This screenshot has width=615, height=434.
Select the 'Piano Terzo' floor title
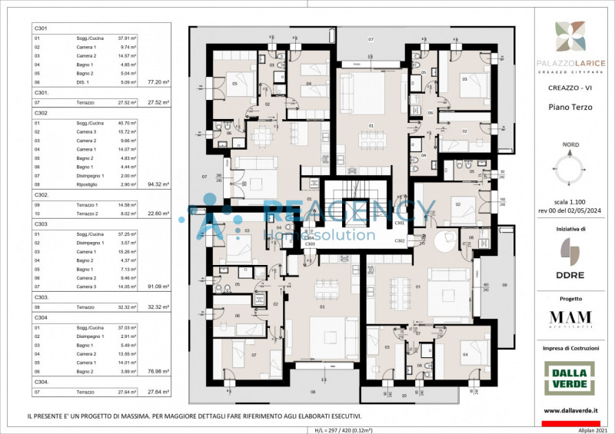click(x=570, y=107)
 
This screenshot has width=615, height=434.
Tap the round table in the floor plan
click(x=444, y=240)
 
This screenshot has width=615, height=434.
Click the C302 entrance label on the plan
click(x=401, y=240)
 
